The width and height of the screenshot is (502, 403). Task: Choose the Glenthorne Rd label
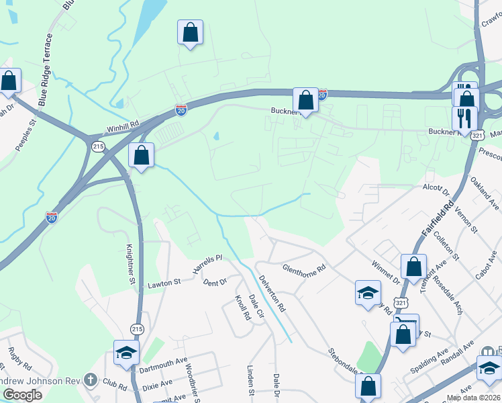coord(303,267)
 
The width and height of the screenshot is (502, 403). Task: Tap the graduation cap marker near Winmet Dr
coord(368,293)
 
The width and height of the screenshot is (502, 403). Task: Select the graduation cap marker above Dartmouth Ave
coord(125,353)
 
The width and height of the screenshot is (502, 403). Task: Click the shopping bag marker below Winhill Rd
coord(142,155)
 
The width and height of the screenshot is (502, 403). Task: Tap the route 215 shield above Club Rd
coord(138,329)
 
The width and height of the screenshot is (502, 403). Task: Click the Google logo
coord(23,395)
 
